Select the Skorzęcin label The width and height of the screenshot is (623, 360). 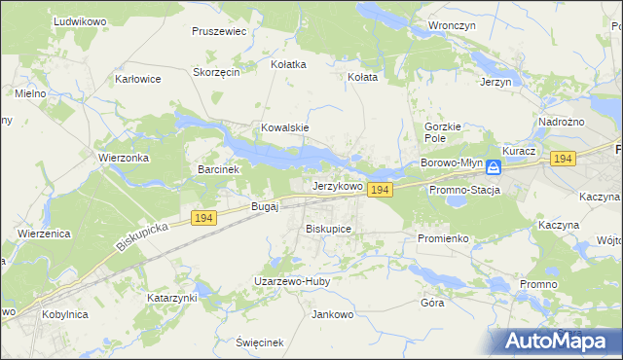tap(216, 72)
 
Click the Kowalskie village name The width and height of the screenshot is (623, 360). tap(284, 127)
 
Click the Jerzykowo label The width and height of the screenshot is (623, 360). tap(338, 185)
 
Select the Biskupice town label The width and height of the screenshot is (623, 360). tap(328, 228)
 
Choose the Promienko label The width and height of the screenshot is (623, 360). tap(443, 237)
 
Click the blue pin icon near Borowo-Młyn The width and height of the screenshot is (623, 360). tap(494, 167)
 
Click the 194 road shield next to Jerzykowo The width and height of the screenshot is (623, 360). tap(380, 191)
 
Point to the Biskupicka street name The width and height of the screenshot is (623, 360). tap(142, 234)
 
